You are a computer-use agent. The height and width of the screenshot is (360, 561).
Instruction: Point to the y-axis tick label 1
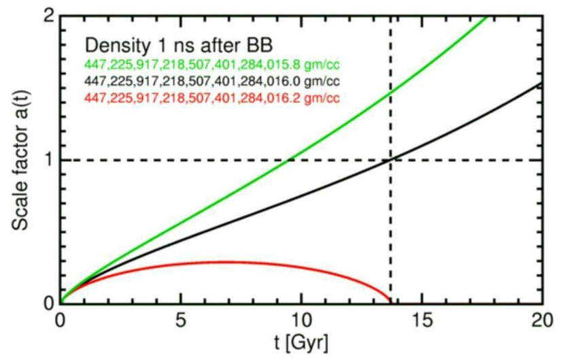[49, 160]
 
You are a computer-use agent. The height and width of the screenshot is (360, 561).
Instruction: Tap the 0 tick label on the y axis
[49, 304]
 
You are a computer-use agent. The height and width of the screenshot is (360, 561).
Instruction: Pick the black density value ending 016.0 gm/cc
[211, 82]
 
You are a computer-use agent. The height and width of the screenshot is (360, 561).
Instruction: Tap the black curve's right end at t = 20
[541, 84]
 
